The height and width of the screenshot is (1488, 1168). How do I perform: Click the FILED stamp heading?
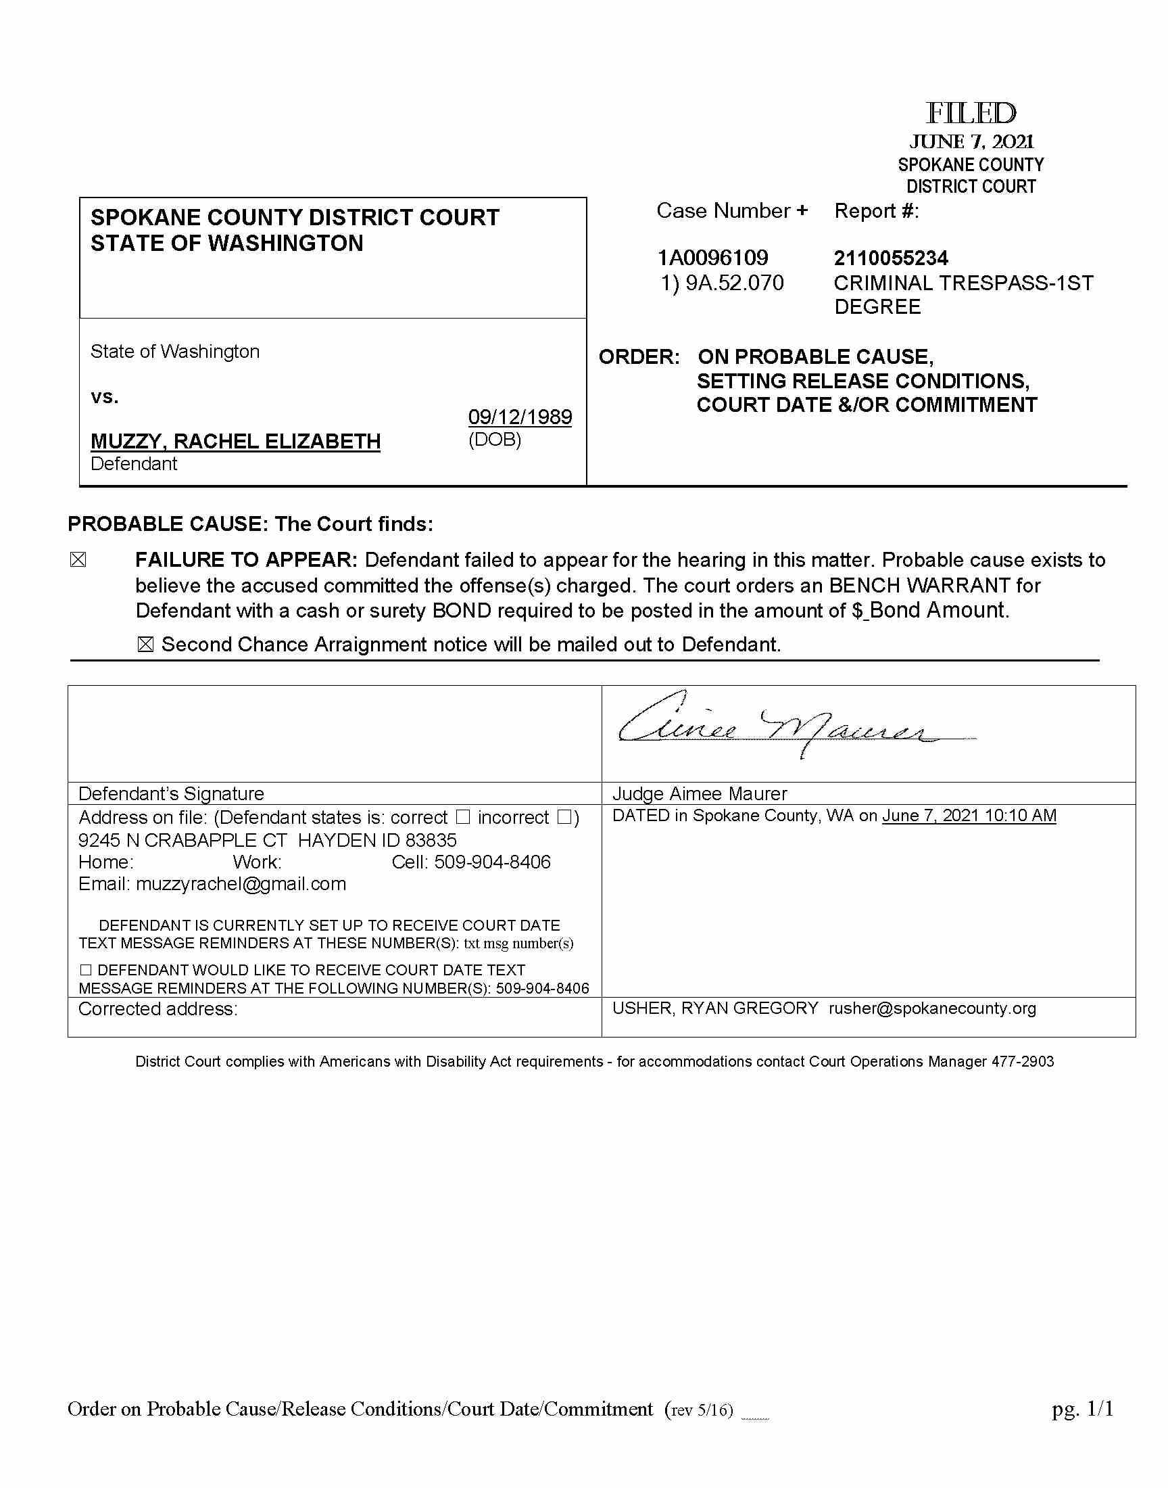coord(971,114)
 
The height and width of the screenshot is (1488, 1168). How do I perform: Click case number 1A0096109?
coord(712,258)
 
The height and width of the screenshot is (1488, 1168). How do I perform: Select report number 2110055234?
coord(890,258)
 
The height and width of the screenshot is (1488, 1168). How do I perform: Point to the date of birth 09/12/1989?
coord(520,417)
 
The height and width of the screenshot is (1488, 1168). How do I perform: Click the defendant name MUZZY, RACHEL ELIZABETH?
coord(235,441)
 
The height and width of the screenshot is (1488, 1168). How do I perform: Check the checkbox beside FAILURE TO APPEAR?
coord(78,560)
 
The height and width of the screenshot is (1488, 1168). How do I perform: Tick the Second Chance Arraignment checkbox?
coord(145,645)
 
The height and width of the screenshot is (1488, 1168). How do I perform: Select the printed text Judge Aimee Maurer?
coord(700,793)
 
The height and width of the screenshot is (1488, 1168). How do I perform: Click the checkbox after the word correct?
coord(463,817)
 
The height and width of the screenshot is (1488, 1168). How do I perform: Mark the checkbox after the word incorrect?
coord(565,817)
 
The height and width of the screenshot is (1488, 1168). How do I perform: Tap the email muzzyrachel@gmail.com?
coord(241,884)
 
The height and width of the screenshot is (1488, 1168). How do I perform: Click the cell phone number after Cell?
coord(492,862)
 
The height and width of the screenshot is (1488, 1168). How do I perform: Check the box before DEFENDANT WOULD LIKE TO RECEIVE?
coord(85,970)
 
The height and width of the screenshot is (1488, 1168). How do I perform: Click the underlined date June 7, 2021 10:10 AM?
coord(969,816)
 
